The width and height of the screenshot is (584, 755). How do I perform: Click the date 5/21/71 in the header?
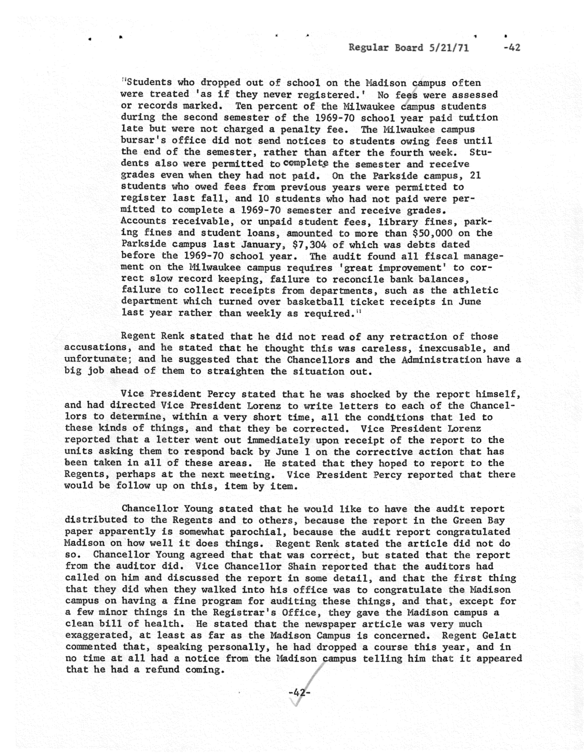coord(449,47)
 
